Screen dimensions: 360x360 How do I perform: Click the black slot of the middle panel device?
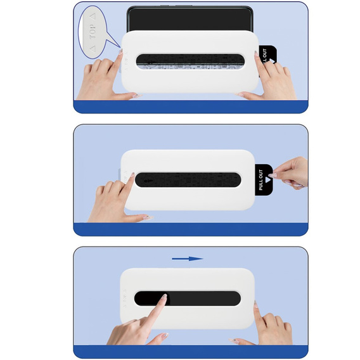pyautogui.click(x=189, y=178)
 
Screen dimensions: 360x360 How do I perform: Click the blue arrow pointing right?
pyautogui.click(x=187, y=259)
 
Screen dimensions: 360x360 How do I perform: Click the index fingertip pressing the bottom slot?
pyautogui.click(x=163, y=299)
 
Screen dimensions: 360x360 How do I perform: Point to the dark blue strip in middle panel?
pyautogui.click(x=190, y=229)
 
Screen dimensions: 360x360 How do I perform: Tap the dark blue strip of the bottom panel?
pyautogui.click(x=190, y=351)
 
